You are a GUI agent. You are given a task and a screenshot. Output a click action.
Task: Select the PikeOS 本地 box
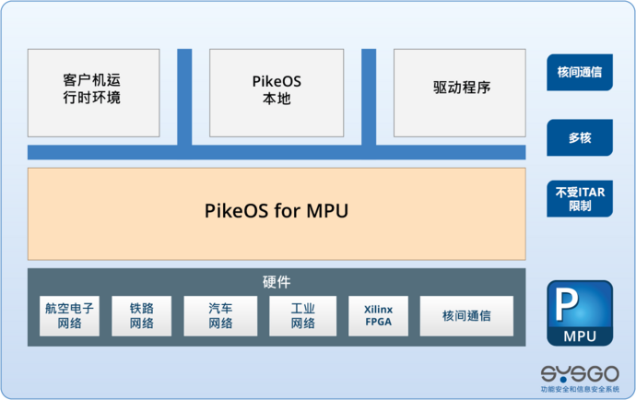click(x=276, y=92)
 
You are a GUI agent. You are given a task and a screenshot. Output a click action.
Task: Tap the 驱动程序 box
click(x=460, y=92)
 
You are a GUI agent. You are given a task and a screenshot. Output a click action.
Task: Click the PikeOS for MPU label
click(x=276, y=212)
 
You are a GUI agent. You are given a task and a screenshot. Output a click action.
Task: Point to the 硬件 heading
click(x=277, y=282)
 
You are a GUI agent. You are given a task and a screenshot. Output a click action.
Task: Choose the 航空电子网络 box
click(x=69, y=316)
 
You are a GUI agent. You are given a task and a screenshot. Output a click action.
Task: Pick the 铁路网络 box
click(x=141, y=316)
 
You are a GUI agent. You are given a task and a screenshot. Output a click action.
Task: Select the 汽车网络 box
click(x=220, y=316)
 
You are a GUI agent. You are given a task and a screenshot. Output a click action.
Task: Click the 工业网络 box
click(x=302, y=316)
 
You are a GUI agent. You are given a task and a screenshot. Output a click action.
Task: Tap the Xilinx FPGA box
click(x=378, y=316)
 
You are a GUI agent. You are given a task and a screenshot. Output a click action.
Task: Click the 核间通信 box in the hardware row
click(x=466, y=316)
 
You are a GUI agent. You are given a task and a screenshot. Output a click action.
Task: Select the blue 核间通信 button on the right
click(x=580, y=72)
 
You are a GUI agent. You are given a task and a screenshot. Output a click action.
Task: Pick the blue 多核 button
click(x=580, y=137)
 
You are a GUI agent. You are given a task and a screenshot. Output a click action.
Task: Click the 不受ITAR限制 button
click(x=580, y=199)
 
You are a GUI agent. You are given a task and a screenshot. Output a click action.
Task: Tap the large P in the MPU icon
click(x=568, y=305)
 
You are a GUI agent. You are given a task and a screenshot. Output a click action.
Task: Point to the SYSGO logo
click(x=579, y=373)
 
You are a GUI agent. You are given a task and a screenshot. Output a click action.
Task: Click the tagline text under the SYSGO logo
click(x=580, y=390)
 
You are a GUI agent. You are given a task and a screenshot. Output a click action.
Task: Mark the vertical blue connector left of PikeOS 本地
click(x=184, y=97)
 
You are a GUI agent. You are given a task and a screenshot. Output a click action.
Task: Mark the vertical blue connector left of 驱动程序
click(x=369, y=97)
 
